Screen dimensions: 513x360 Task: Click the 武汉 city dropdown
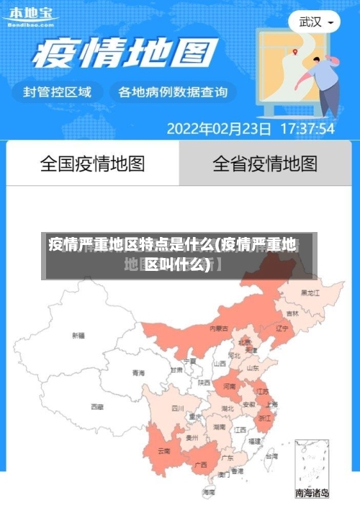pyautogui.click(x=318, y=22)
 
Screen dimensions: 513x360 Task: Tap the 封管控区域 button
pyautogui.click(x=58, y=92)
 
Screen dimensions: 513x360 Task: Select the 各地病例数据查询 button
pyautogui.click(x=172, y=92)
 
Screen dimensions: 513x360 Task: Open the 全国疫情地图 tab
pyautogui.click(x=92, y=164)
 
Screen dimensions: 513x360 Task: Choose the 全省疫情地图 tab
pyautogui.click(x=264, y=164)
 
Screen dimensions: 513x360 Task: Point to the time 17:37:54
pyautogui.click(x=307, y=129)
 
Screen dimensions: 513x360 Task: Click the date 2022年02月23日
pyautogui.click(x=219, y=129)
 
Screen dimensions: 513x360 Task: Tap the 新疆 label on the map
pyautogui.click(x=78, y=336)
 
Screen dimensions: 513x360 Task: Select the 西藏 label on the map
pyautogui.click(x=96, y=407)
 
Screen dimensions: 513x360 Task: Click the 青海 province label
pyautogui.click(x=138, y=373)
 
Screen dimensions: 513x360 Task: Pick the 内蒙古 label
pyautogui.click(x=219, y=328)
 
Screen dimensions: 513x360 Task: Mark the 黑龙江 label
pyautogui.click(x=310, y=293)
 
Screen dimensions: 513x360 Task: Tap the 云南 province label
pyautogui.click(x=163, y=451)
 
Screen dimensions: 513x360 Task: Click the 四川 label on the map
pyautogui.click(x=178, y=408)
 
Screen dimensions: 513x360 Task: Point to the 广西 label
pyautogui.click(x=201, y=465)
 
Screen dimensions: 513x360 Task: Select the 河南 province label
pyautogui.click(x=229, y=387)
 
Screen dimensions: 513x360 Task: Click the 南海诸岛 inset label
pyautogui.click(x=312, y=494)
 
